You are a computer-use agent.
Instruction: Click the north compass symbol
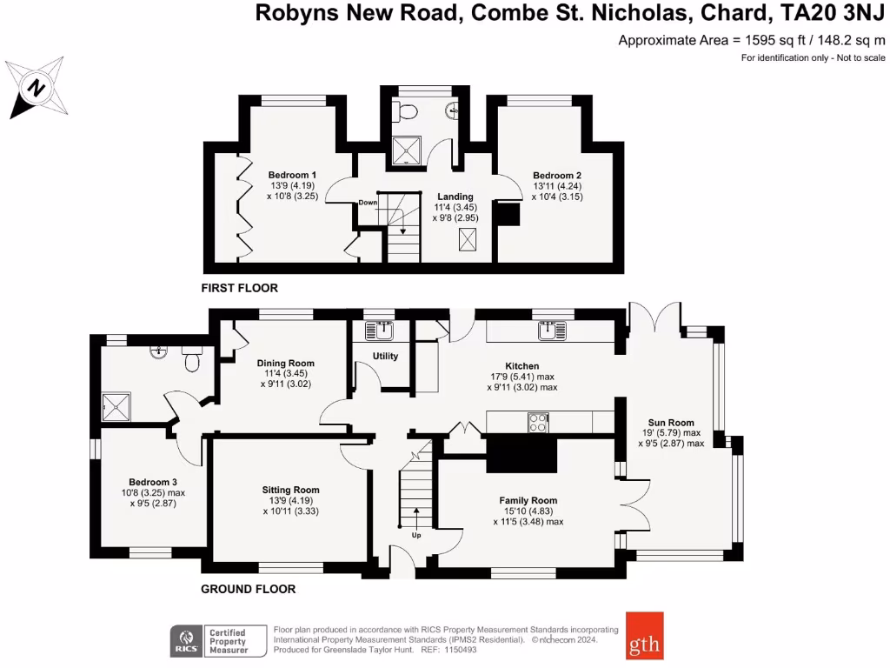tap(37, 88)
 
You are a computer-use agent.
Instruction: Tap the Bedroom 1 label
tap(291, 175)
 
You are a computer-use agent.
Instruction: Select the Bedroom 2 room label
tap(557, 176)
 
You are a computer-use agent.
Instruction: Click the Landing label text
tap(455, 197)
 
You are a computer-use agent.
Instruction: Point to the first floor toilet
tap(405, 111)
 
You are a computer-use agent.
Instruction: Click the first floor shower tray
tap(406, 150)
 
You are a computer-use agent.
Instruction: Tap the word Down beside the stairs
tap(368, 203)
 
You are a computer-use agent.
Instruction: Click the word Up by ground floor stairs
tap(416, 535)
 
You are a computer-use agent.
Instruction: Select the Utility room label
tap(385, 357)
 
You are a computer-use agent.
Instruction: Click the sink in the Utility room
tap(380, 330)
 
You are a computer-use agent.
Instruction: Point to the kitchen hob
tap(538, 422)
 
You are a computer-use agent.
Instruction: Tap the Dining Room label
tap(285, 364)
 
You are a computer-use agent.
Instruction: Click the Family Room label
tap(528, 501)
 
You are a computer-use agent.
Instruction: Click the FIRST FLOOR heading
tap(239, 288)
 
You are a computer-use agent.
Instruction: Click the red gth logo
tap(644, 636)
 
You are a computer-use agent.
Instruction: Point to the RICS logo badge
tap(186, 641)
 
